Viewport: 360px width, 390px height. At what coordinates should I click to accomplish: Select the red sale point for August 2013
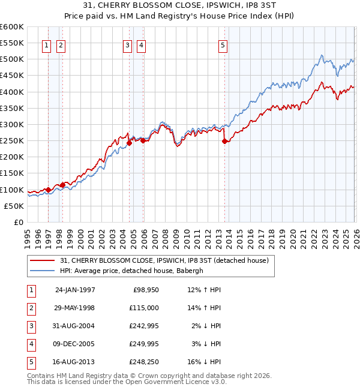click(x=224, y=142)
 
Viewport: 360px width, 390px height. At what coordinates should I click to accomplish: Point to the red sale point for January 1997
click(x=49, y=190)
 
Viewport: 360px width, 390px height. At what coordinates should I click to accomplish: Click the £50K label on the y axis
click(x=13, y=206)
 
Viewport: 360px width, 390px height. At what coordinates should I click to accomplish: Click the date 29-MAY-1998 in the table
click(x=75, y=308)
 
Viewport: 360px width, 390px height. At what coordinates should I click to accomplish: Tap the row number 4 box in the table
click(x=30, y=344)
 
